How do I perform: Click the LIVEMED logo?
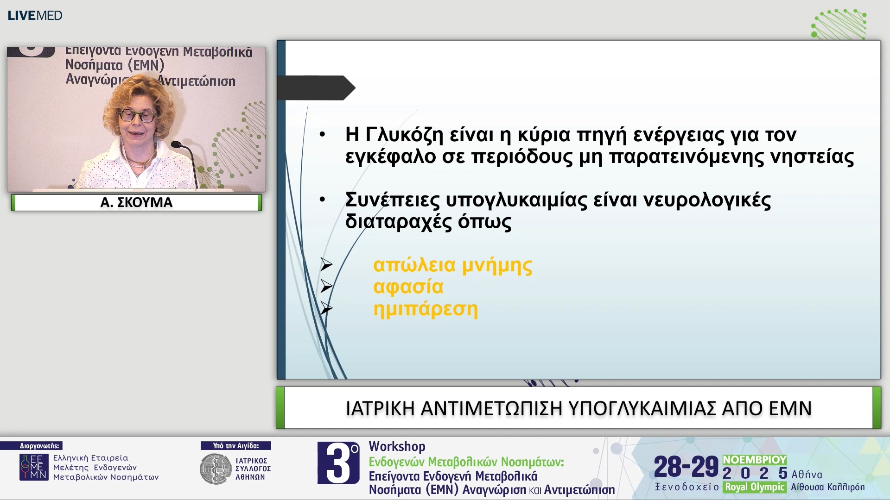[35, 15]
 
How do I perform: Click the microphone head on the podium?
[176, 144]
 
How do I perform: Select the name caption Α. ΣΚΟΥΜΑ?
[136, 202]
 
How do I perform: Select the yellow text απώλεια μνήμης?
[452, 265]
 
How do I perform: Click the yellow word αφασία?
[408, 287]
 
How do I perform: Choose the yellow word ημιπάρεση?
[425, 309]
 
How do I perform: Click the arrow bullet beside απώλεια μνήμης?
[326, 265]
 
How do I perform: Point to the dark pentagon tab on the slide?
[315, 87]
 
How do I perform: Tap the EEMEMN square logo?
[33, 467]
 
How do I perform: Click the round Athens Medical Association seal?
[215, 469]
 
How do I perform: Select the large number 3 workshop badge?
[338, 463]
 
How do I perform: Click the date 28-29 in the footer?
[686, 467]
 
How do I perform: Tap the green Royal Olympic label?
[754, 487]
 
